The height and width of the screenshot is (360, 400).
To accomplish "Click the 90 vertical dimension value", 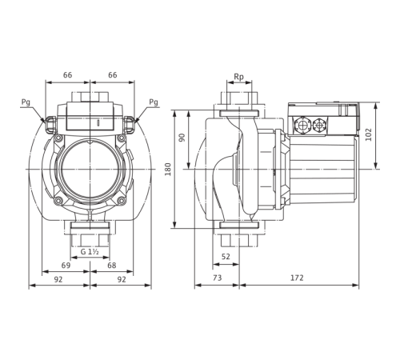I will [x=183, y=138].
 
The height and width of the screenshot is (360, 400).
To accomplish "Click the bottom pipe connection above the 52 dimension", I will [x=238, y=234].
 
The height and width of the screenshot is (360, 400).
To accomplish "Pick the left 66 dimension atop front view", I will [x=69, y=73].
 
